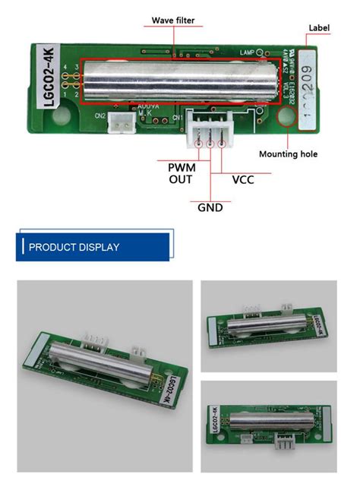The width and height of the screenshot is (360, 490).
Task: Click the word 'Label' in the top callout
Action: [319, 28]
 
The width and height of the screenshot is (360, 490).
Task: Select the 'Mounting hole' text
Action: [288, 154]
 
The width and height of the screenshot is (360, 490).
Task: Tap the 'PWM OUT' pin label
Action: [181, 172]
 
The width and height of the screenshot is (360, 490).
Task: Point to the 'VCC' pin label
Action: [242, 180]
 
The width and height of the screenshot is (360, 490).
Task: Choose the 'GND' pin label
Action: [210, 206]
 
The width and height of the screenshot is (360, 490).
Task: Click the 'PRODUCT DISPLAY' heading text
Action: [74, 248]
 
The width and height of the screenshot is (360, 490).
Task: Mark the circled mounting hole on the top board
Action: [288, 119]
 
